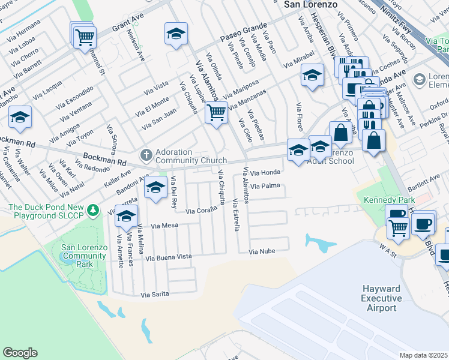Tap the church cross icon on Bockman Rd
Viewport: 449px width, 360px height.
pos(145,156)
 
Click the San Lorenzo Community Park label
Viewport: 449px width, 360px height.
pos(84,256)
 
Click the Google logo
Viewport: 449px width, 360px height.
pos(20,353)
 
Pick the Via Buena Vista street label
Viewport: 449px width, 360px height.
pos(169,257)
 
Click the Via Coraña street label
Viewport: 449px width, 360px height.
pos(200,211)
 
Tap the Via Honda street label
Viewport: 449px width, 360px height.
pos(261,173)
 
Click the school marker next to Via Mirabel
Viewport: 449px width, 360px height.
pos(312,76)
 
